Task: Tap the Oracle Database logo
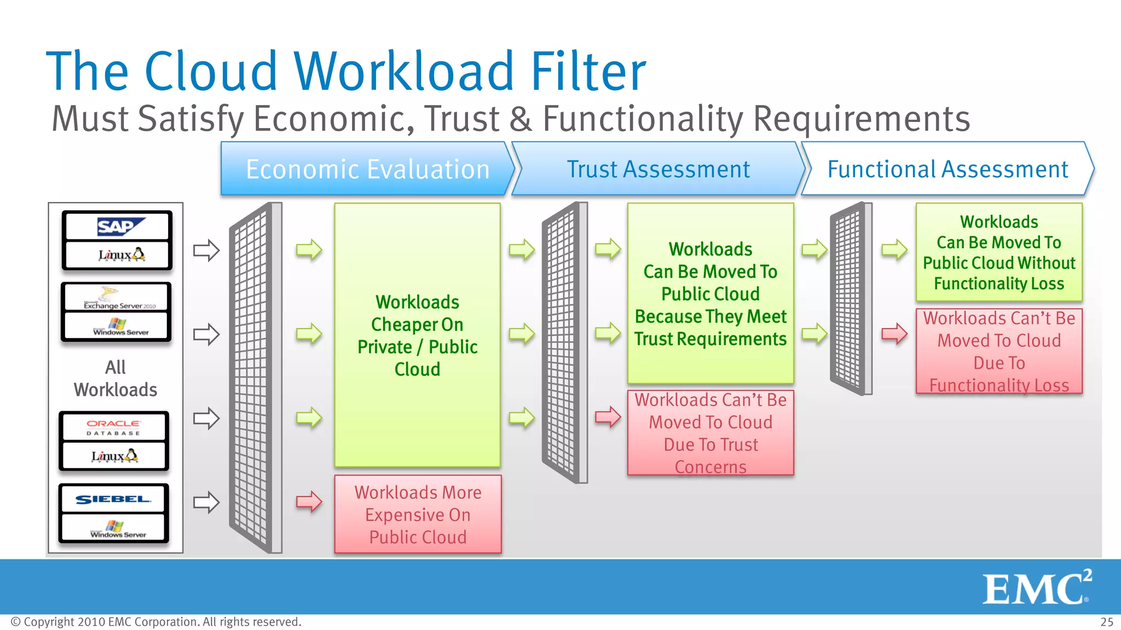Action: point(114,427)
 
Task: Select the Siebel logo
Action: point(113,499)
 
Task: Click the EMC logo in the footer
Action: point(1036,587)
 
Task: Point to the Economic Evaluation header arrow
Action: point(367,169)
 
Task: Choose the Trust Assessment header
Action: point(658,169)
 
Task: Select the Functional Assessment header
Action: point(947,169)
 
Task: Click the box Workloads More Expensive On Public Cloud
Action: point(418,514)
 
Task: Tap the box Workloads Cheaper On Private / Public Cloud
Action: point(418,335)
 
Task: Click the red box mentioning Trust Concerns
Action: point(710,433)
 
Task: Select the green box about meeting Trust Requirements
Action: point(710,294)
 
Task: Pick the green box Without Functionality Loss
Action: point(999,252)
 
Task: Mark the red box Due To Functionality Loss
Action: point(999,351)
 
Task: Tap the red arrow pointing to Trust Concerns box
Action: point(608,417)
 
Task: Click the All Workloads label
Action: point(115,378)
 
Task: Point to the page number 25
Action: point(1106,622)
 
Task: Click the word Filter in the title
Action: point(588,71)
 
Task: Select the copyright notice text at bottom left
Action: point(156,622)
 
